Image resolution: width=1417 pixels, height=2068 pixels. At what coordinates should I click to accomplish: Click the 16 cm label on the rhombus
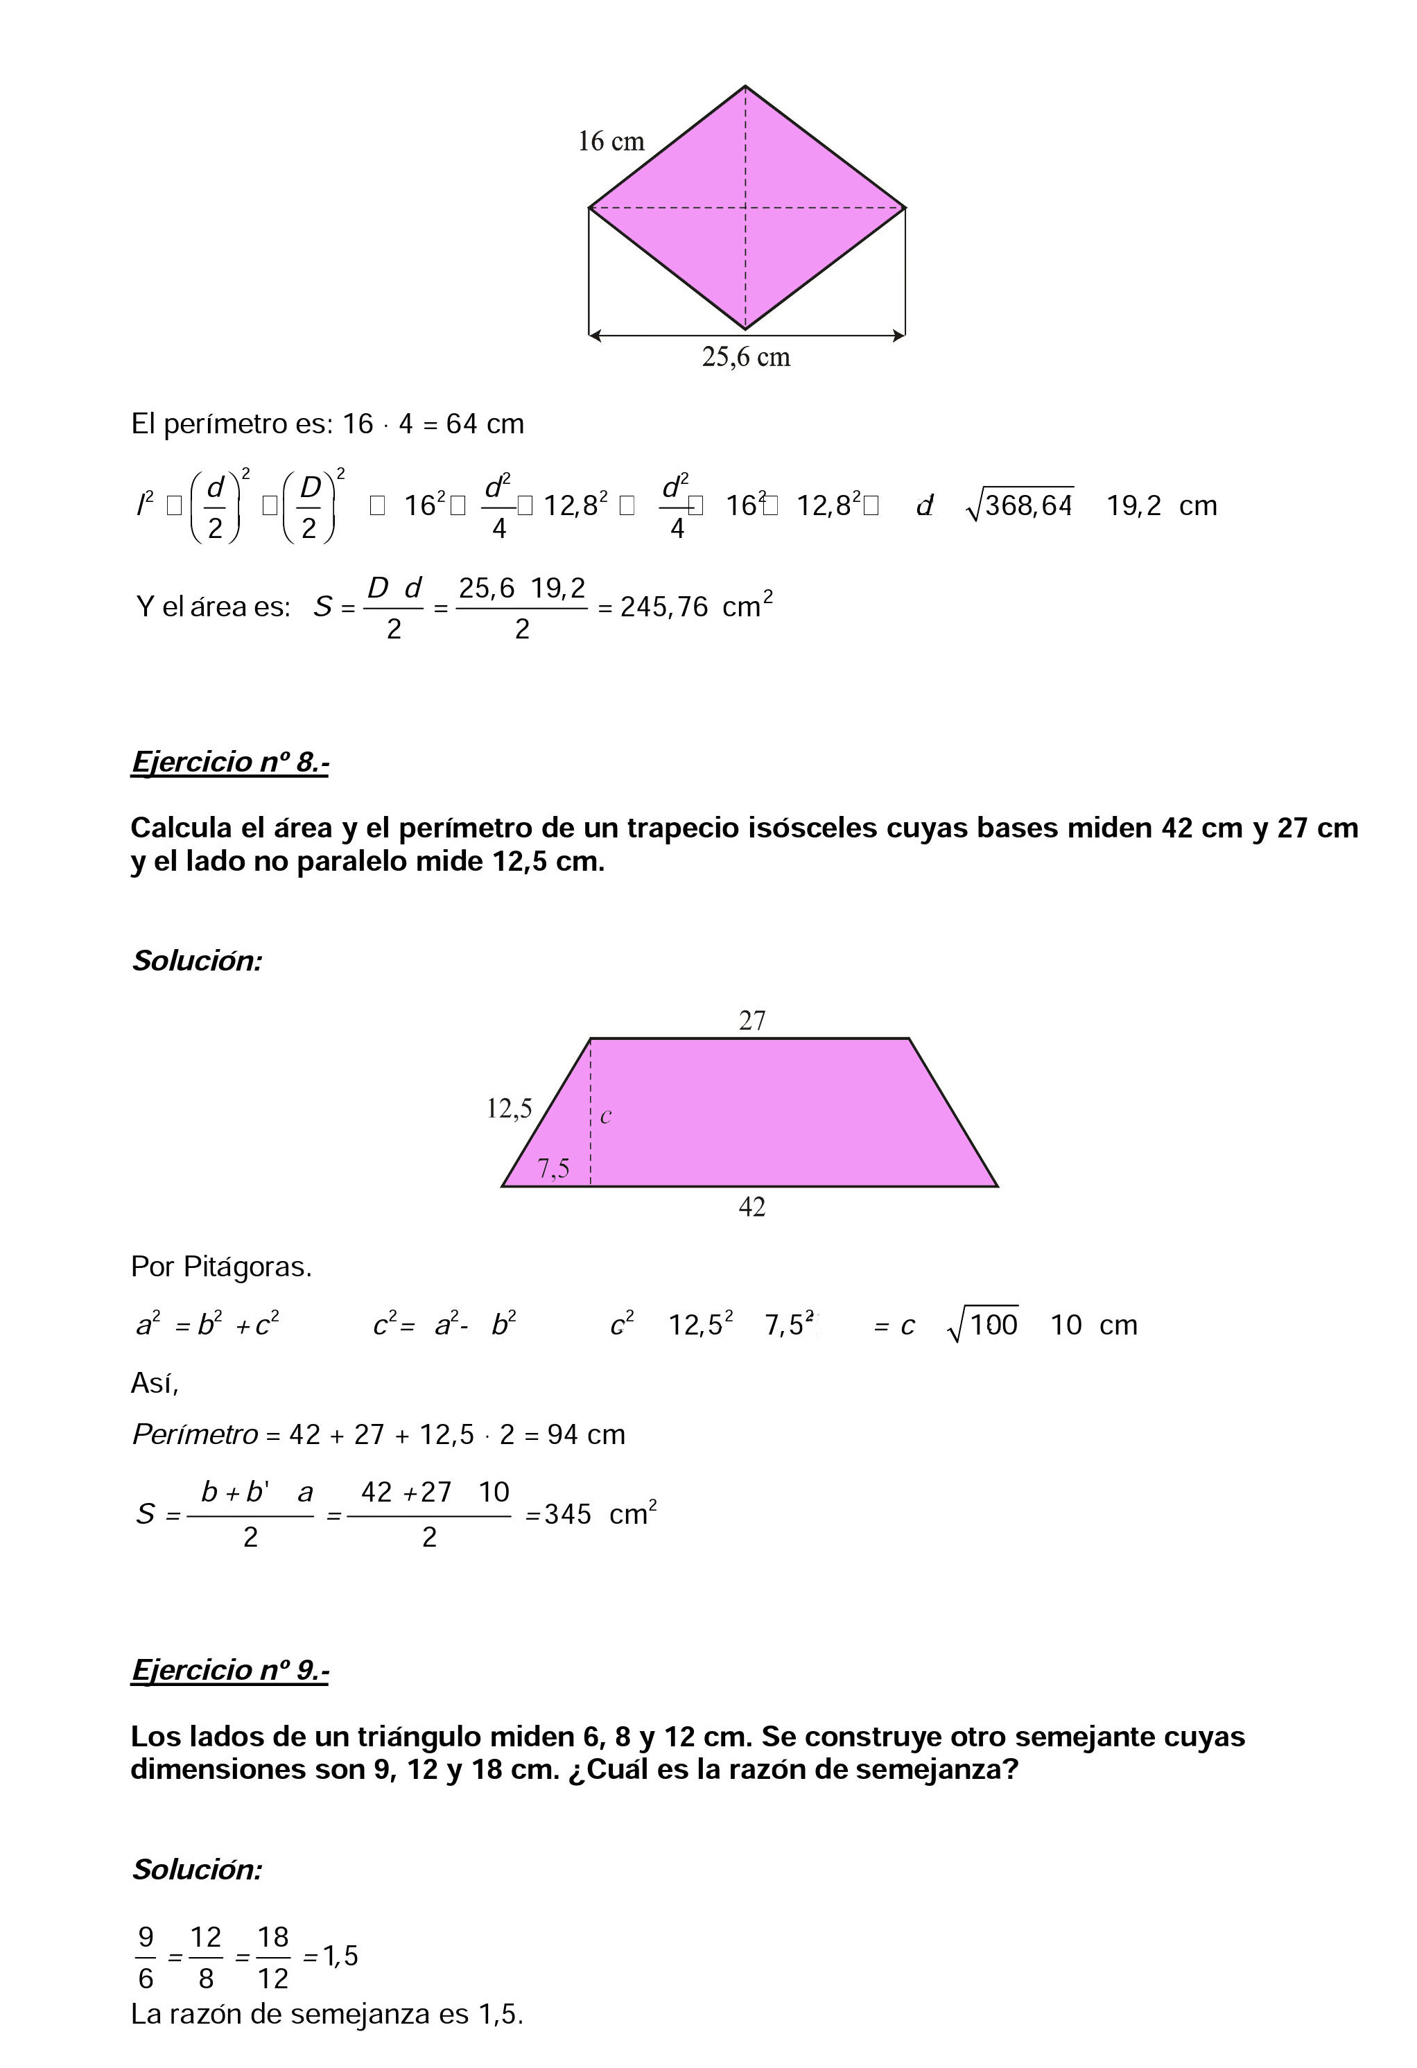coord(611,141)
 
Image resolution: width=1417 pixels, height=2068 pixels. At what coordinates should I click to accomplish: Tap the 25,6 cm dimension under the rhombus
coord(746,358)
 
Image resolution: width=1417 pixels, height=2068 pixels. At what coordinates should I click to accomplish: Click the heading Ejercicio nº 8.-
coord(229,763)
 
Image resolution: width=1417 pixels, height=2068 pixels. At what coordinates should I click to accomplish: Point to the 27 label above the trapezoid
coord(752,1020)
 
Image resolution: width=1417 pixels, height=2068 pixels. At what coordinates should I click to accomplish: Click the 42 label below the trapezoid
coord(752,1208)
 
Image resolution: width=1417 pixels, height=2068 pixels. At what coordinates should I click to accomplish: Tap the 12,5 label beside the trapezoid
coord(509,1109)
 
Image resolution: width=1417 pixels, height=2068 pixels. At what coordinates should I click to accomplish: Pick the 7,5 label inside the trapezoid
coord(553,1168)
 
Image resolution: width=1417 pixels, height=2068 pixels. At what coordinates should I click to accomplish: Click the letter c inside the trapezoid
coord(606,1117)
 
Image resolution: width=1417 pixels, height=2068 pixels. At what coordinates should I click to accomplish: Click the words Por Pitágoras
coord(222,1267)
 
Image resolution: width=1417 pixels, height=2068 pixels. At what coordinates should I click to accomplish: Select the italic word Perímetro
coord(195,1435)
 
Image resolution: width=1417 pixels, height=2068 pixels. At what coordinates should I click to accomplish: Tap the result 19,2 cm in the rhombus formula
coord(1160,506)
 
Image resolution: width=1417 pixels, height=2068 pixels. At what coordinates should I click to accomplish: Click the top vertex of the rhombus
coord(746,87)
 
